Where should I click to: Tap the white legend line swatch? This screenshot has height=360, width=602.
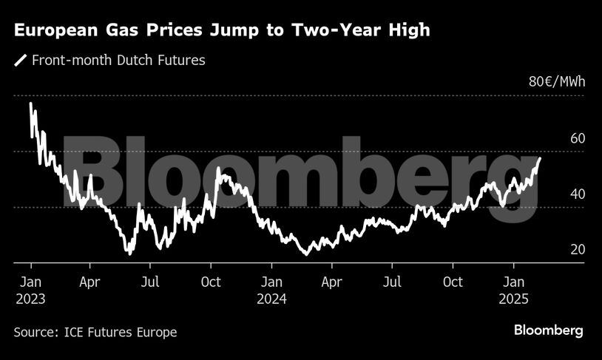coord(20,61)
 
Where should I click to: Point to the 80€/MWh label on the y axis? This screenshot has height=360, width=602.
coord(556,81)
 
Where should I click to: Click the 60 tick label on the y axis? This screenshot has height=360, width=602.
coord(577,138)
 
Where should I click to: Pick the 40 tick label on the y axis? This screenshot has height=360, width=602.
coord(577,194)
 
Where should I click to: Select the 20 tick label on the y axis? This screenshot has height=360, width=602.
coord(577,249)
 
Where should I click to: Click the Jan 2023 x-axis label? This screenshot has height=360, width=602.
coord(30,290)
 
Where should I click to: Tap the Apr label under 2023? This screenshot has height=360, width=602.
coord(89,282)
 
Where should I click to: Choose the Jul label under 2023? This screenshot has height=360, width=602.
coord(150,282)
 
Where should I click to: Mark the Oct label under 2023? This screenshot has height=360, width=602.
coord(211,282)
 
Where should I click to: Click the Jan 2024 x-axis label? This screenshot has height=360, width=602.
coord(271,290)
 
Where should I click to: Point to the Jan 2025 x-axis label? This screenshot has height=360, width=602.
coord(514,290)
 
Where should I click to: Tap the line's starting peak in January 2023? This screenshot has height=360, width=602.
coord(31,104)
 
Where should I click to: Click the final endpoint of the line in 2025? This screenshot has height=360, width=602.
coord(539,158)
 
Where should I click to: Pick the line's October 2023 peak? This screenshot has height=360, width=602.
coord(218,169)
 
